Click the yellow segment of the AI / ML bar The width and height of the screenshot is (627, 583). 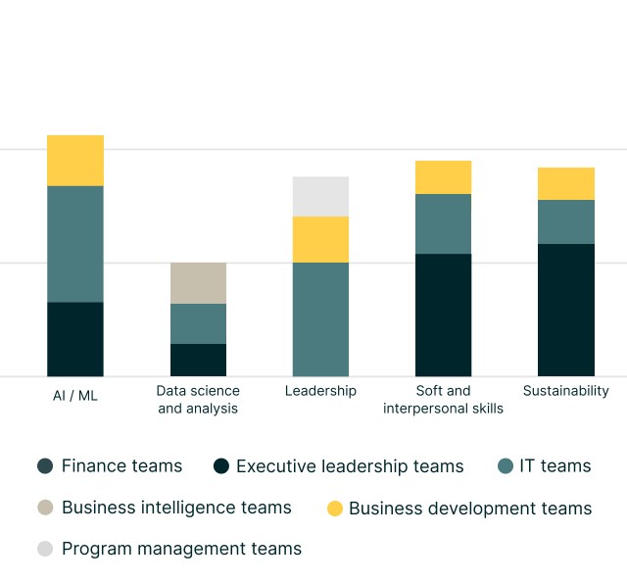[75, 161]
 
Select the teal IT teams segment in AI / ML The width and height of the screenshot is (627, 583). [75, 244]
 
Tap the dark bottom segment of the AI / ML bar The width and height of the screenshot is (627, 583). [75, 339]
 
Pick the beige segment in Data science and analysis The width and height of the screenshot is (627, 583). [198, 283]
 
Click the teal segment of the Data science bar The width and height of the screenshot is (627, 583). [198, 323]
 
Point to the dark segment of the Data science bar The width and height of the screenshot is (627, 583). [198, 360]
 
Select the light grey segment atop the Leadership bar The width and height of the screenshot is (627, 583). [320, 196]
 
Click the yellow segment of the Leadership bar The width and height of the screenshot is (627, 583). [320, 239]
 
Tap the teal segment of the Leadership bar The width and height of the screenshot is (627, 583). [320, 319]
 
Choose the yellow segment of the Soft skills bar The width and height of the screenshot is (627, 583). [443, 177]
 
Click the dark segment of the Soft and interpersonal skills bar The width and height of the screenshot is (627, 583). [443, 315]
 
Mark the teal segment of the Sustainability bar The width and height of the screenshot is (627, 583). [565, 221]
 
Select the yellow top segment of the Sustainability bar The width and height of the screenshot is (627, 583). [565, 183]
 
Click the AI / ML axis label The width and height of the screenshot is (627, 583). [75, 396]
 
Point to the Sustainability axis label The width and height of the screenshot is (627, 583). [565, 390]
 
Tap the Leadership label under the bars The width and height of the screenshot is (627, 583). [320, 390]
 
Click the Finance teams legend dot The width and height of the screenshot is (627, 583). [45, 466]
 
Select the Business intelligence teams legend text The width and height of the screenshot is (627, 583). [176, 508]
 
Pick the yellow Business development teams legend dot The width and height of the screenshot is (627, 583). [335, 509]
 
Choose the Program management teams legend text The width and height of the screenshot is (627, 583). [181, 549]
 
